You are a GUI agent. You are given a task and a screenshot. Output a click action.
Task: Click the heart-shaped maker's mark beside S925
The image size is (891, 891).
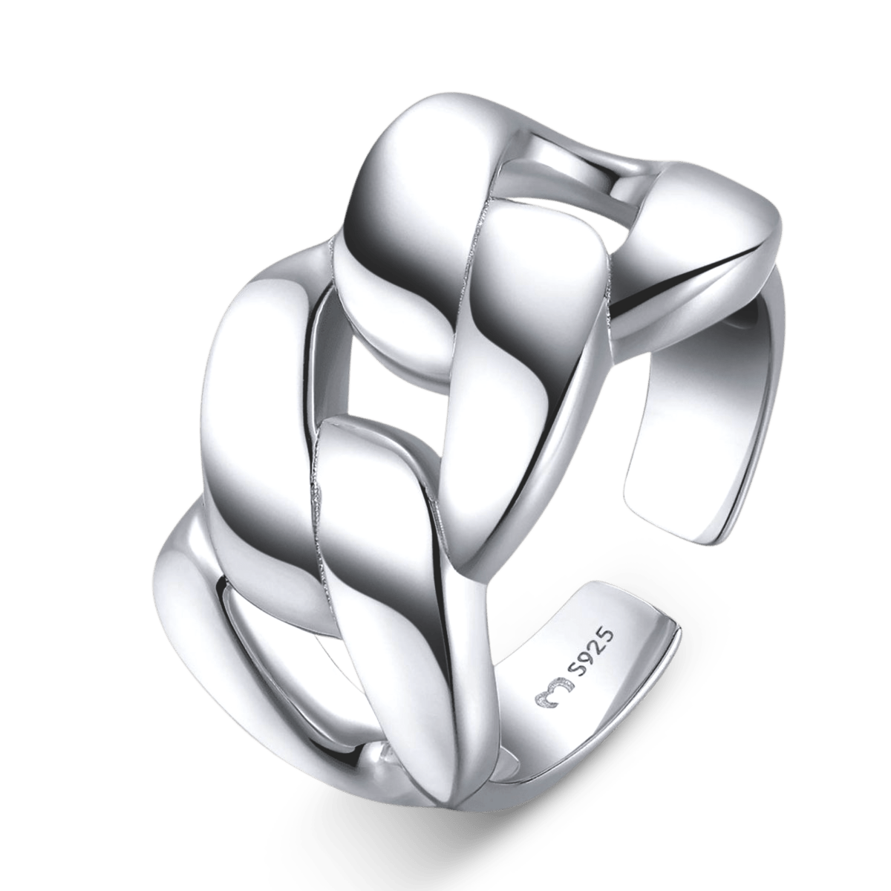coord(553,694)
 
